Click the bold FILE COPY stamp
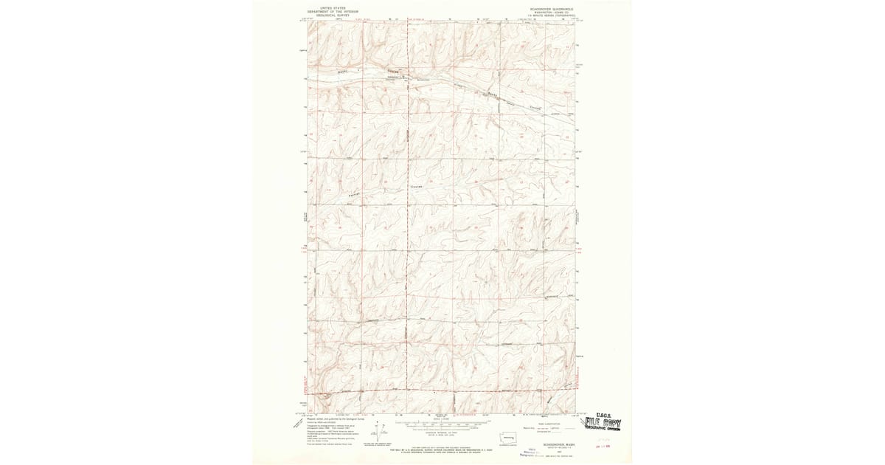[x=603, y=424]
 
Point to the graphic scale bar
[x=441, y=425]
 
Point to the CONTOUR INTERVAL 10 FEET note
[x=441, y=433]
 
